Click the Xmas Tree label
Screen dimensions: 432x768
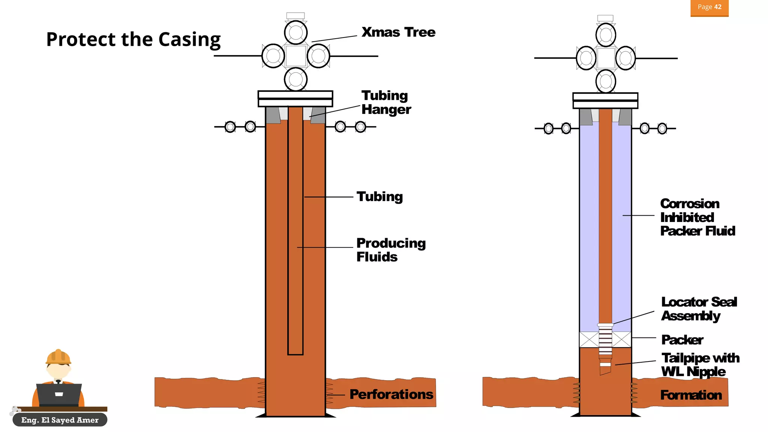coord(398,32)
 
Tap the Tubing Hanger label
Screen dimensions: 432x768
coord(386,102)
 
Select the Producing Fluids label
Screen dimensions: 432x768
coord(391,250)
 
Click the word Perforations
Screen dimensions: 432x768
coord(391,394)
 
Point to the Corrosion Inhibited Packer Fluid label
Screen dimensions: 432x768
coord(697,217)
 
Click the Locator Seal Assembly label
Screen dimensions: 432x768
coord(699,309)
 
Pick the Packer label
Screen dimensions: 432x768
coord(682,340)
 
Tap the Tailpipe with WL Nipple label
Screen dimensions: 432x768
coord(700,364)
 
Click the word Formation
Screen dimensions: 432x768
coord(691,395)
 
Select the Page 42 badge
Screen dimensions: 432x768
coord(709,7)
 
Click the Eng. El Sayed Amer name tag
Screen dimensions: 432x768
coord(60,420)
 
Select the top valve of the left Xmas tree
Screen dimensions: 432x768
coord(296,32)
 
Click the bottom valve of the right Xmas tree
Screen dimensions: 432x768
coord(606,81)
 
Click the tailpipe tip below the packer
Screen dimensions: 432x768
coord(605,369)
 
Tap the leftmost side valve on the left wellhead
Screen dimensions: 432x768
coord(230,127)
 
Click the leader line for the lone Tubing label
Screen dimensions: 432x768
coord(328,197)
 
